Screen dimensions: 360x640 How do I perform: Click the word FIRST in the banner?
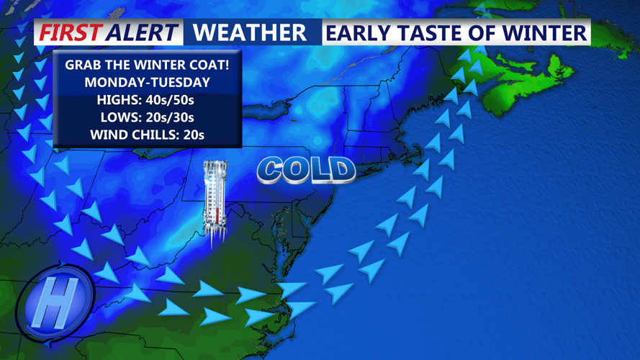(71, 32)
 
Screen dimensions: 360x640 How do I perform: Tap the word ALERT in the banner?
(141, 32)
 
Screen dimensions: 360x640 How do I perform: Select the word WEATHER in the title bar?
(250, 32)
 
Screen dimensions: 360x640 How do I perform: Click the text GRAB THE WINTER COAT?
(147, 65)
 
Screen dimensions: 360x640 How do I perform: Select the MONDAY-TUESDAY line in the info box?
(147, 82)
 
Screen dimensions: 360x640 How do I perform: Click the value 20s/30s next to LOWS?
(168, 117)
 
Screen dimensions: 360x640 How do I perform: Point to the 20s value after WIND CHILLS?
(193, 134)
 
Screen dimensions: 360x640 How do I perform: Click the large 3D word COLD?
(306, 170)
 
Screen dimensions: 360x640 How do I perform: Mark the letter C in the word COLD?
(271, 170)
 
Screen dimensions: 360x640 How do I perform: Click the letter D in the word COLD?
(341, 171)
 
